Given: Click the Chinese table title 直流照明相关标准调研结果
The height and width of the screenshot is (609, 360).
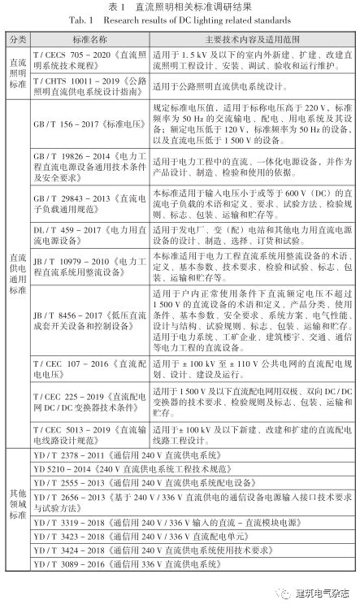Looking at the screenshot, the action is point(180,7).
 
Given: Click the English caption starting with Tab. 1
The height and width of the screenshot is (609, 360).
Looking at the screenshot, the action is point(180,20).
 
